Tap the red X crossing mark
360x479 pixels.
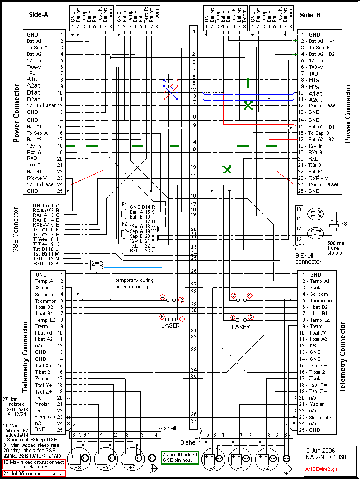coord(170,90)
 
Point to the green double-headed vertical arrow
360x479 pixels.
coord(248,83)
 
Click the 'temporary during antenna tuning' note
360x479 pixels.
coord(134,284)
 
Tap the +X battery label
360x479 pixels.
coord(77,468)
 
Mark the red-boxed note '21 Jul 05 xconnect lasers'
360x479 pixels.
coord(34,474)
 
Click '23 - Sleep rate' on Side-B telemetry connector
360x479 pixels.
coord(318,417)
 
